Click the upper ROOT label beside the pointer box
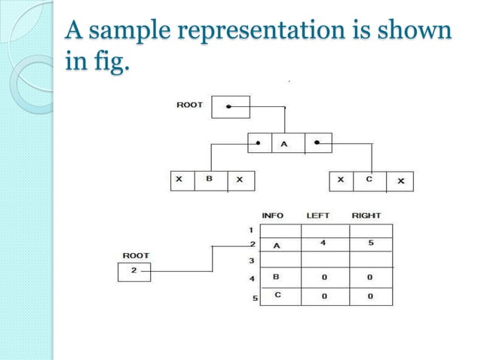(189, 105)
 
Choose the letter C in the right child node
(369, 181)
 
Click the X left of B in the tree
(179, 181)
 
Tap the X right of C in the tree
(400, 182)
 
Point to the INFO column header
(272, 215)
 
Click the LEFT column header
(317, 215)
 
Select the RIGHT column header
(366, 215)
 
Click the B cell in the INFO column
(277, 277)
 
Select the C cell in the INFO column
(277, 295)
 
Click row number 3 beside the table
(253, 261)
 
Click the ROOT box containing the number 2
(134, 270)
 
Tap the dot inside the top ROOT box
(228, 107)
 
